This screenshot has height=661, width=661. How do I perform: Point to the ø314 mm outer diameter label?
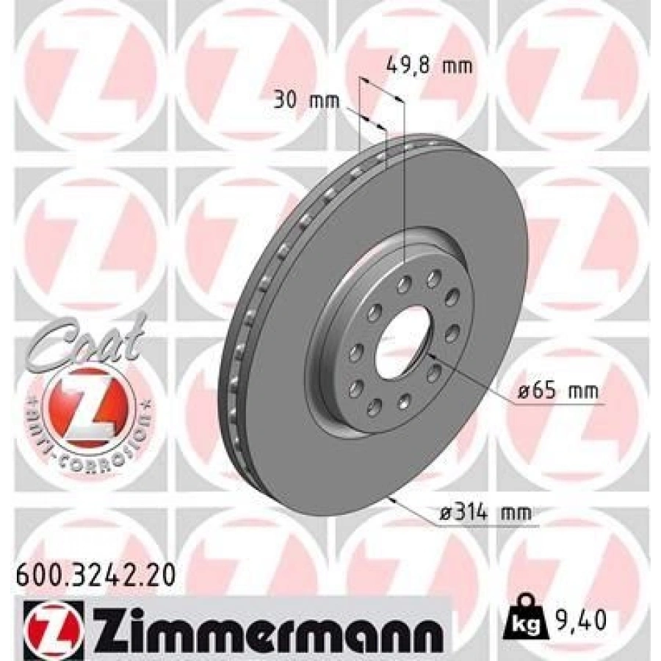485,514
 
